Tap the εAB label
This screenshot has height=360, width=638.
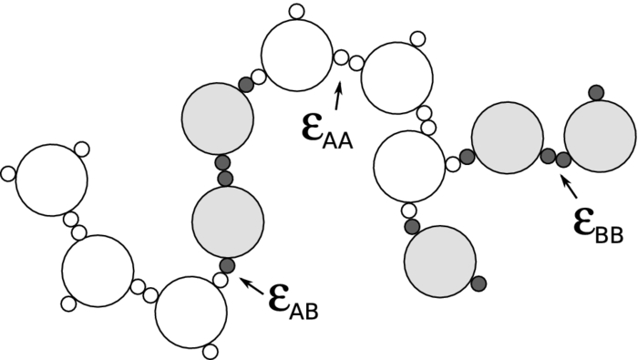point(293,302)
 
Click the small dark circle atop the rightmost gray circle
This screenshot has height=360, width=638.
point(596,91)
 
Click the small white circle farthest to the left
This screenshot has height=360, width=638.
point(8,173)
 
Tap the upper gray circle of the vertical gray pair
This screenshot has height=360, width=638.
point(218,119)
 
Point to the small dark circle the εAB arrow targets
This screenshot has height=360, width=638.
point(228,266)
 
